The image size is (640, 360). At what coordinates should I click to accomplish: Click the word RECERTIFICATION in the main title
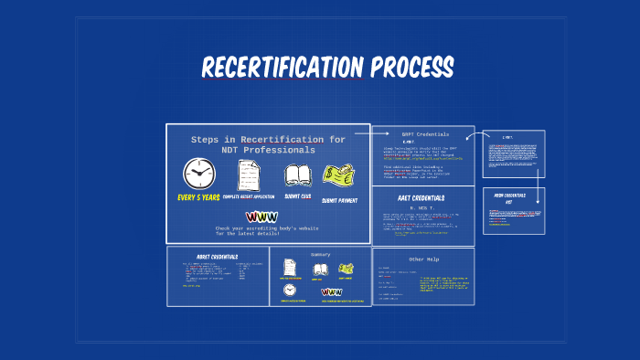click(283, 68)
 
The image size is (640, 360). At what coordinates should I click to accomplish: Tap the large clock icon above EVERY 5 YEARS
click(198, 174)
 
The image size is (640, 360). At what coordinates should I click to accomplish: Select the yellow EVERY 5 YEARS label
click(199, 196)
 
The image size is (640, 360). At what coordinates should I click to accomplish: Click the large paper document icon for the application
click(249, 174)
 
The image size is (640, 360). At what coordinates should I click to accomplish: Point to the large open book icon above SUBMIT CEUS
click(298, 175)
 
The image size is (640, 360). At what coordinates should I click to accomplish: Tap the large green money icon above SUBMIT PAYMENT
click(338, 175)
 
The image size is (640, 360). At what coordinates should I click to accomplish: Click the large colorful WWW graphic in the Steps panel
click(261, 217)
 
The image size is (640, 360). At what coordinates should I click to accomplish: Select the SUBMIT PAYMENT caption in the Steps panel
click(339, 200)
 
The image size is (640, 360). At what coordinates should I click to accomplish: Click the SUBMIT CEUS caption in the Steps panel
click(298, 196)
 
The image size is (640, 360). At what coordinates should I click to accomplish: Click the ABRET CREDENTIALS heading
click(217, 257)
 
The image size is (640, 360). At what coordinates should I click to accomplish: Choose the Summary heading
click(320, 254)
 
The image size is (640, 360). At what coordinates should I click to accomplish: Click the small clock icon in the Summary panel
click(290, 290)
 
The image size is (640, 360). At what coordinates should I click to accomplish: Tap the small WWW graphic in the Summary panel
click(331, 292)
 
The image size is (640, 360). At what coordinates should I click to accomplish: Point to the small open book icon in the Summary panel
click(321, 270)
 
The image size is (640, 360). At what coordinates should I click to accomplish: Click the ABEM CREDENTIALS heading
click(513, 196)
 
